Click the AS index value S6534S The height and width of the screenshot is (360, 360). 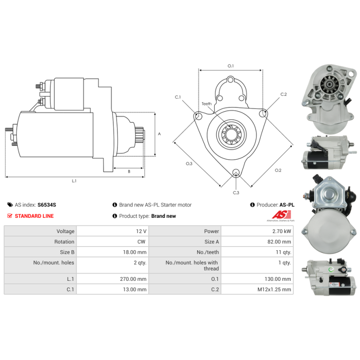click(x=47, y=205)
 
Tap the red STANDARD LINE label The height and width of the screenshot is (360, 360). click(x=34, y=216)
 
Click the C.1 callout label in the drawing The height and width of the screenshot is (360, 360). click(x=178, y=97)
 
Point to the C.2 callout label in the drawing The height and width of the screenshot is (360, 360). click(x=283, y=94)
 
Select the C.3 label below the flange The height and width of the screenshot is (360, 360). click(x=236, y=193)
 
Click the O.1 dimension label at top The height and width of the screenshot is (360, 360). click(x=230, y=66)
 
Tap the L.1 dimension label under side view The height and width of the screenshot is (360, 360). click(x=74, y=181)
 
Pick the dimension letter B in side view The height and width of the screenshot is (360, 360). click(x=129, y=171)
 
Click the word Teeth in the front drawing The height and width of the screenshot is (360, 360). click(x=207, y=103)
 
